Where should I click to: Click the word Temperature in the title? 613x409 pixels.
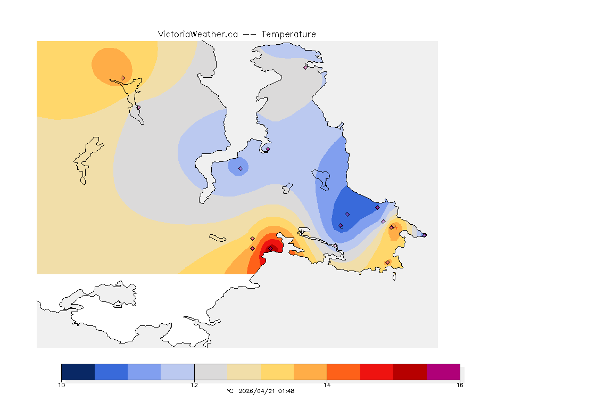point(288,34)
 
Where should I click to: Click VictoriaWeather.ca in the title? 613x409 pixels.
point(197,34)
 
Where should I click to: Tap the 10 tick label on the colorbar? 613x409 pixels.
point(62,385)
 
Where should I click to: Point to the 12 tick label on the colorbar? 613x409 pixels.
point(194,385)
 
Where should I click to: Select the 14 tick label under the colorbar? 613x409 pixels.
point(327,385)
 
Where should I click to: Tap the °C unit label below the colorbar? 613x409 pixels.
point(230,391)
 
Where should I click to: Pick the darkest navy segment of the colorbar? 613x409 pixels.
point(78,372)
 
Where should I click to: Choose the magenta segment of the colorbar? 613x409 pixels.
point(443,372)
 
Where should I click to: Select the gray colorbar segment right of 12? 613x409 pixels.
point(211,372)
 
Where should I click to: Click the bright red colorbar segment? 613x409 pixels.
point(377,372)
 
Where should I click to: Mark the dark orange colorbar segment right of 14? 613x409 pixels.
point(343,372)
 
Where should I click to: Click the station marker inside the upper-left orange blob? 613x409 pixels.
point(123,78)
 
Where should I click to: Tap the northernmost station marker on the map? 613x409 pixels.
point(305,67)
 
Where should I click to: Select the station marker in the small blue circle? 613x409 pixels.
point(241,168)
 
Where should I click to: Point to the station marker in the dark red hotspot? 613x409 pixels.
point(270,248)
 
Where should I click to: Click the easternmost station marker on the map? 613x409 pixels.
point(424,235)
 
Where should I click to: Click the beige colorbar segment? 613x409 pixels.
point(244,372)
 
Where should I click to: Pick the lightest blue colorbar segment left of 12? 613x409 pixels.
point(177,372)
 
